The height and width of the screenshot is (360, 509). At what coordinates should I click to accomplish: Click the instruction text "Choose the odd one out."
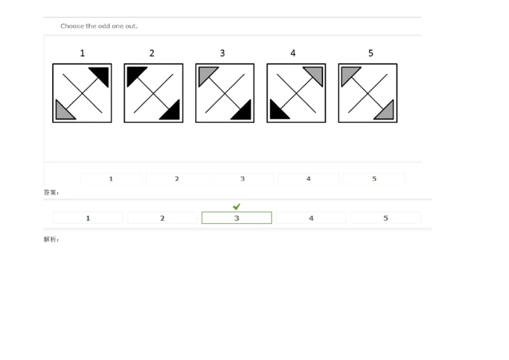(x=99, y=26)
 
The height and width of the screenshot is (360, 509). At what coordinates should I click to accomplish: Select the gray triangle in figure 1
(x=62, y=112)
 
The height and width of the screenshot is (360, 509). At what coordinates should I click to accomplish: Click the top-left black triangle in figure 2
(x=134, y=74)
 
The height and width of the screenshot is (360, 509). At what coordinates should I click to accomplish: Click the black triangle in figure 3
(x=243, y=112)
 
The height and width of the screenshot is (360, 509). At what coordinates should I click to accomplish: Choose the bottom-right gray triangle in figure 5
(x=386, y=112)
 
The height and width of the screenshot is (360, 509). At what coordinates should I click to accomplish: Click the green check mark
(x=236, y=207)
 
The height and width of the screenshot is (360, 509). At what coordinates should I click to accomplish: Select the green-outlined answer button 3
(x=236, y=218)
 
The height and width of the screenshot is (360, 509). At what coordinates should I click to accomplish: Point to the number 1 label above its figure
(x=82, y=53)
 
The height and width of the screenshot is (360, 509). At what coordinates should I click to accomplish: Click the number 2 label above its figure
(x=151, y=53)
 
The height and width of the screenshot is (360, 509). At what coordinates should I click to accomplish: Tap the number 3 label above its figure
(x=222, y=53)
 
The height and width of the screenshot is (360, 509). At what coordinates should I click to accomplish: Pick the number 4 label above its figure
(x=293, y=53)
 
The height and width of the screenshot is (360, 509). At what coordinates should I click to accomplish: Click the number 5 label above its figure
(x=370, y=53)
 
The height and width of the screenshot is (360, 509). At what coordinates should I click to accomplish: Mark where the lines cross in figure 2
(x=153, y=93)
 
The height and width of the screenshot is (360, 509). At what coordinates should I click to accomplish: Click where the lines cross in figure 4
(x=296, y=93)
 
